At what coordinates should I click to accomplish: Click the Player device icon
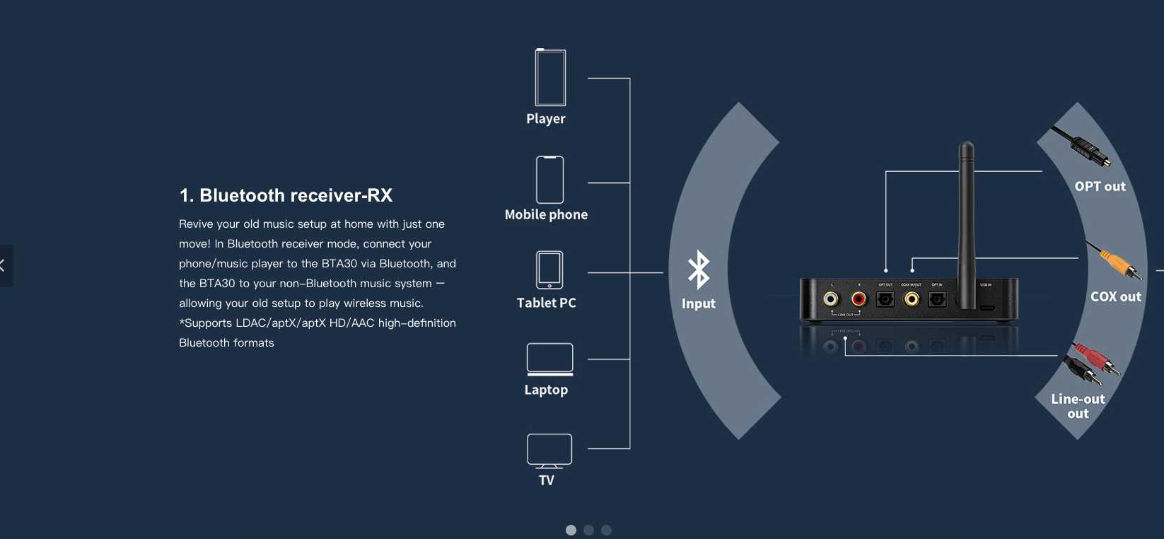pos(550,78)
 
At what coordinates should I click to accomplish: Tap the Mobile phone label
pos(546,214)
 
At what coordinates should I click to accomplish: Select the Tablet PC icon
pos(549,269)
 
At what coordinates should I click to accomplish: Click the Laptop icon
pos(549,359)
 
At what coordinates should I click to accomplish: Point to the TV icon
pos(549,451)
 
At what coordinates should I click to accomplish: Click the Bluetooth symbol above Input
pos(699,269)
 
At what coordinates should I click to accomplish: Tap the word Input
pos(699,303)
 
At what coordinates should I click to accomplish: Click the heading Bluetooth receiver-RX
pos(286,195)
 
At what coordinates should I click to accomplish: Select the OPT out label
pos(1100,187)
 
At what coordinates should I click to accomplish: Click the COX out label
pos(1115,297)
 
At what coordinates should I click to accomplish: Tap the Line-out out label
pos(1078,406)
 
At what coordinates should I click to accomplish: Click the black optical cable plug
pos(1082,146)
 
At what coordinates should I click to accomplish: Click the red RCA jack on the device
pos(859,299)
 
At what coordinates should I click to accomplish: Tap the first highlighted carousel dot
pos(571,530)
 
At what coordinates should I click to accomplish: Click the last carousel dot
pos(606,530)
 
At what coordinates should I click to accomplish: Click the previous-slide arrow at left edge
pos(4,266)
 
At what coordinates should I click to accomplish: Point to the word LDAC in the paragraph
pos(250,323)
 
